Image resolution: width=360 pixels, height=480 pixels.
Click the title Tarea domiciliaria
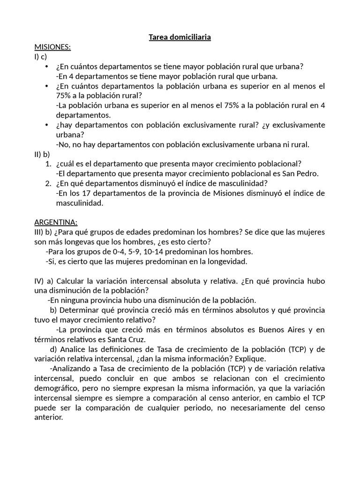(x=180, y=37)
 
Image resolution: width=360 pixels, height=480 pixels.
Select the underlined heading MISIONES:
(x=52, y=47)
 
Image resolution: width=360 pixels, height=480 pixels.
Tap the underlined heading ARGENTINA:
(x=56, y=222)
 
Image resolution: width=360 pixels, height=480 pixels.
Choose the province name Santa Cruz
(x=139, y=339)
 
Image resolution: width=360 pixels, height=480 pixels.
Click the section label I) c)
(x=41, y=57)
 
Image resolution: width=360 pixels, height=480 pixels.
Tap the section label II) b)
(x=42, y=153)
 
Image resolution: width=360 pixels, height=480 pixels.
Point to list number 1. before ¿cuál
(x=48, y=164)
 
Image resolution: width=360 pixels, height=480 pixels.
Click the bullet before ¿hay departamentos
(x=46, y=125)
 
